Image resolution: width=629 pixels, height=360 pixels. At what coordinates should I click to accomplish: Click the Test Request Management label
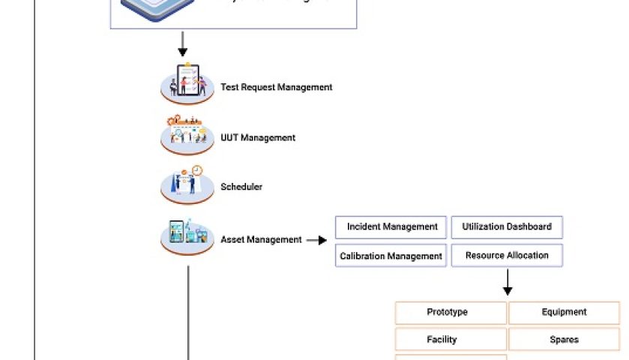click(276, 87)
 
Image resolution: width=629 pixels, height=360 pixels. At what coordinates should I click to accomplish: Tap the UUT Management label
click(258, 138)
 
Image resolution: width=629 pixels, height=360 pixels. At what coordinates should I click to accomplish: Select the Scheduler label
click(241, 187)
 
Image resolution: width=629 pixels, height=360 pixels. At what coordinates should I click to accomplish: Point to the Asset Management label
click(261, 240)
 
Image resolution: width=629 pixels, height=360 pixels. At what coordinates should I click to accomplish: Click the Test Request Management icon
click(187, 82)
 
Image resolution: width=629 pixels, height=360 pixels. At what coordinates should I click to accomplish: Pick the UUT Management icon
click(187, 133)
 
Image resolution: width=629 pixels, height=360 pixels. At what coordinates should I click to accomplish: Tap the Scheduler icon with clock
click(187, 183)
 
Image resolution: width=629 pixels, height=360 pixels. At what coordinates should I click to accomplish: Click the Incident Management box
click(391, 227)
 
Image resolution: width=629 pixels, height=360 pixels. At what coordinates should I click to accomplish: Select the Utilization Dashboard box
click(507, 227)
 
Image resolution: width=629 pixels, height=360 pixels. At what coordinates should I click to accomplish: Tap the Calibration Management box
click(391, 256)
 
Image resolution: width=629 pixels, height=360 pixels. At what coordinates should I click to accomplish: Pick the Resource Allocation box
click(507, 256)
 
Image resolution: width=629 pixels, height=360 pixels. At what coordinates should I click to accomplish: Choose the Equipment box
click(564, 313)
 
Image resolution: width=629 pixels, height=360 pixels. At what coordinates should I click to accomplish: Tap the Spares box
click(564, 340)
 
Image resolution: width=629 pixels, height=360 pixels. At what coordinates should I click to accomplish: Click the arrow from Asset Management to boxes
click(316, 240)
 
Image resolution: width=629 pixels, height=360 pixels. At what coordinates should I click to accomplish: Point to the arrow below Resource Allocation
click(508, 282)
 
